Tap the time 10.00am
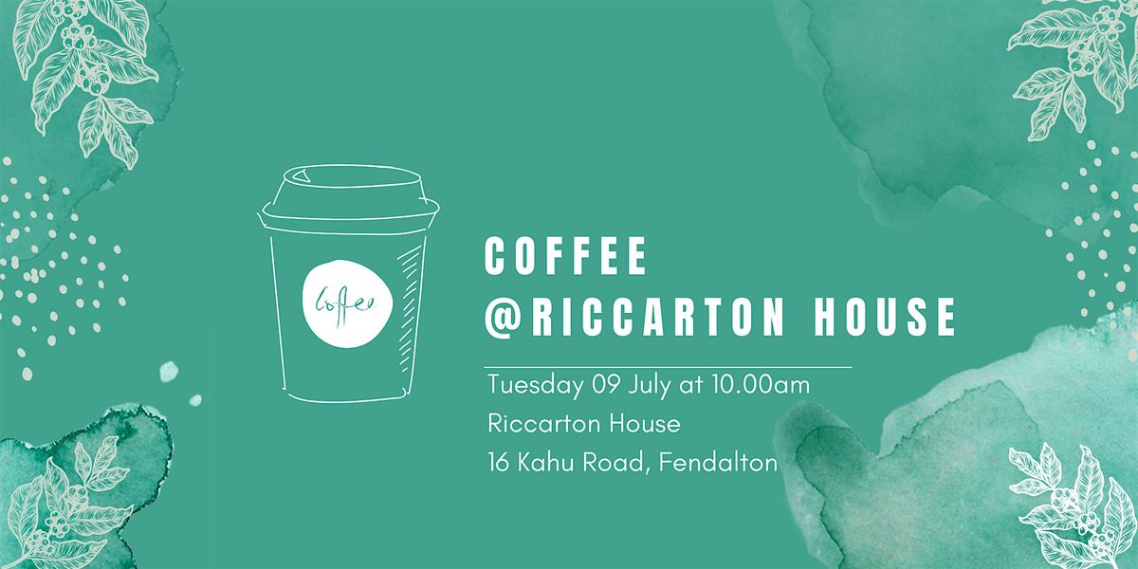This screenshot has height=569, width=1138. pyautogui.click(x=759, y=386)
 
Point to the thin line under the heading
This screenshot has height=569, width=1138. pyautogui.click(x=668, y=365)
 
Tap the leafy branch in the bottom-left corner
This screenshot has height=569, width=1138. pyautogui.click(x=71, y=503)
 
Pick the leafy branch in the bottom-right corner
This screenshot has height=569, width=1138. pyautogui.click(x=1067, y=498)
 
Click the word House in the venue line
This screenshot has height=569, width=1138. pyautogui.click(x=645, y=424)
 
